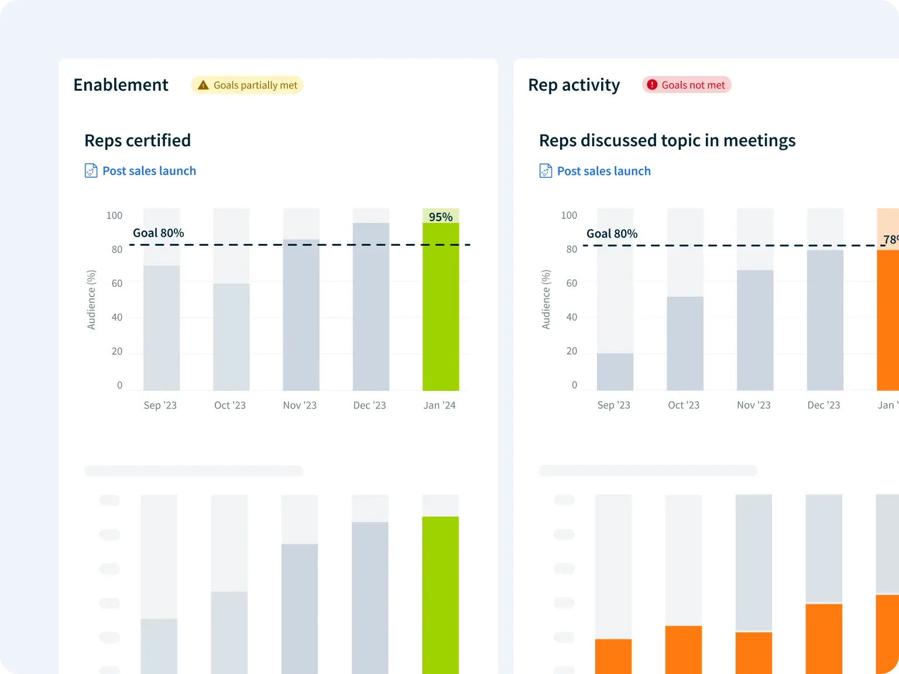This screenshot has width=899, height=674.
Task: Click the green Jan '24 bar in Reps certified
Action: (441, 307)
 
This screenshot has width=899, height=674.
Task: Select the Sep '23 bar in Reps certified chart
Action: (162, 328)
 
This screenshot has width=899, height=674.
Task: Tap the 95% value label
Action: (441, 216)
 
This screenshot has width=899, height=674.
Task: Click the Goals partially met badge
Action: (247, 85)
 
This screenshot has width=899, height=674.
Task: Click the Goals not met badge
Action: (687, 85)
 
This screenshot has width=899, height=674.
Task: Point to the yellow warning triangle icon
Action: (203, 85)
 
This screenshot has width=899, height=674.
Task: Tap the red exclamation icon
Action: (652, 85)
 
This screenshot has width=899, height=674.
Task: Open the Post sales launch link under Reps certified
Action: (149, 171)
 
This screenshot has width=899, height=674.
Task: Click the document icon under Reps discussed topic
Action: (545, 171)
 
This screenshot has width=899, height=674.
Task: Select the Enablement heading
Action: (121, 85)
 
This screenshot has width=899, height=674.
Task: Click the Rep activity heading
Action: (574, 85)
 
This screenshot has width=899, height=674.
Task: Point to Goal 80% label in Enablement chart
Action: (159, 233)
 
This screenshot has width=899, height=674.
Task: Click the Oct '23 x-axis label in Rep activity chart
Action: (684, 405)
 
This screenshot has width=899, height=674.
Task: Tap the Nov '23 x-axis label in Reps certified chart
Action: (300, 405)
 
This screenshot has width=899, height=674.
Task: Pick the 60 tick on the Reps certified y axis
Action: (117, 283)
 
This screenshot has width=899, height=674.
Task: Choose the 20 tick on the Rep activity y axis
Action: (571, 351)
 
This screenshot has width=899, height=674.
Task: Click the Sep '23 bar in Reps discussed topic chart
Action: (615, 372)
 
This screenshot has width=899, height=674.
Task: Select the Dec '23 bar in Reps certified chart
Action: (371, 307)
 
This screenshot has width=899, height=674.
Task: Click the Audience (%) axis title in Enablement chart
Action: (91, 300)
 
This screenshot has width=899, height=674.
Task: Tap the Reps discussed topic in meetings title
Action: (667, 140)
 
